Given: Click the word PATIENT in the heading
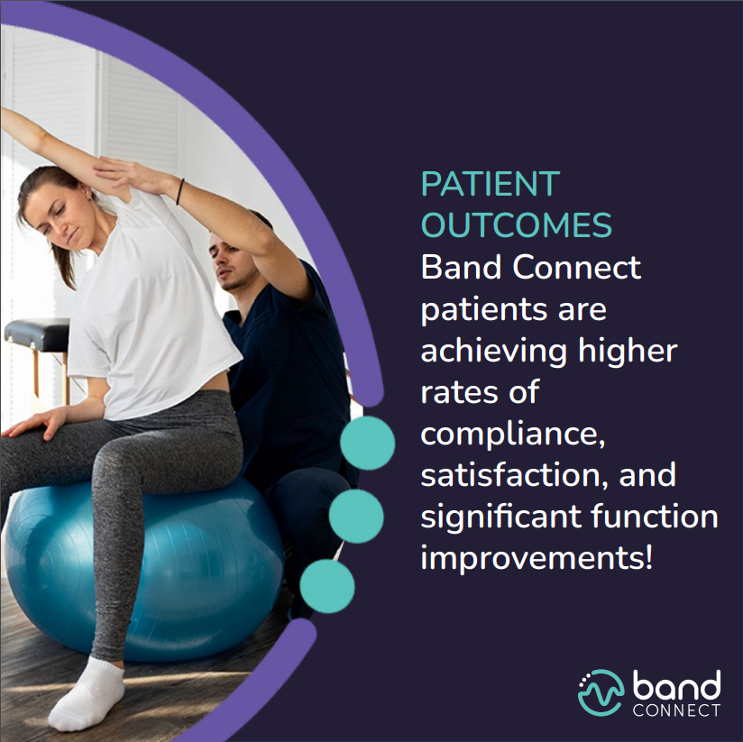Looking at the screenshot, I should pyautogui.click(x=490, y=185).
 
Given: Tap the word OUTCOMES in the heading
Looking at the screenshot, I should pyautogui.click(x=517, y=226).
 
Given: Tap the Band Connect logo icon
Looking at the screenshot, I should pyautogui.click(x=601, y=693).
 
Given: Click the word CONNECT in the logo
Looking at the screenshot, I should pyautogui.click(x=676, y=710).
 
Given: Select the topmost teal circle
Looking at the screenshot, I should pyautogui.click(x=367, y=444).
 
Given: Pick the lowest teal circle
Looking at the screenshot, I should pyautogui.click(x=326, y=587).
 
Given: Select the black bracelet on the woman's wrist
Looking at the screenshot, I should pyautogui.click(x=180, y=190).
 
